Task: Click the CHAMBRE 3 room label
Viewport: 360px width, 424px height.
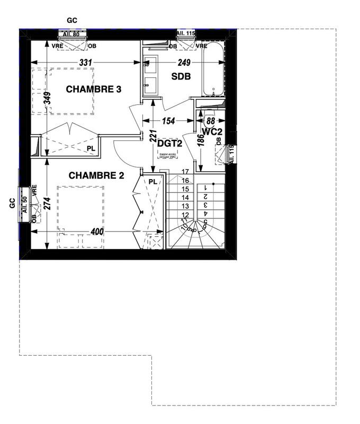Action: pos(94,90)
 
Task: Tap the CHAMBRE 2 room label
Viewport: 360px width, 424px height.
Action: pos(96,175)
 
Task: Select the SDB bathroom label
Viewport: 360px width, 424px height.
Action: pos(181,77)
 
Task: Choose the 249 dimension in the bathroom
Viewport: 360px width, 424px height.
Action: pos(184,63)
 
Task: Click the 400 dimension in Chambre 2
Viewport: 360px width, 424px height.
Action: pos(97,232)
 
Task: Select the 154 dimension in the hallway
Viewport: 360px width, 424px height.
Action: pos(168,121)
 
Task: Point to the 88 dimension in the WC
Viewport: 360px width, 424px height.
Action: pos(211,121)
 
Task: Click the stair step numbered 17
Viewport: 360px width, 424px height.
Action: pos(185,172)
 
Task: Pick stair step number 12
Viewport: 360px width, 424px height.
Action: pos(185,215)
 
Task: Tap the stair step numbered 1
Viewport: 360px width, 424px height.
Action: pos(206,187)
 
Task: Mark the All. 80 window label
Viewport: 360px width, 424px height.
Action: pos(71,34)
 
